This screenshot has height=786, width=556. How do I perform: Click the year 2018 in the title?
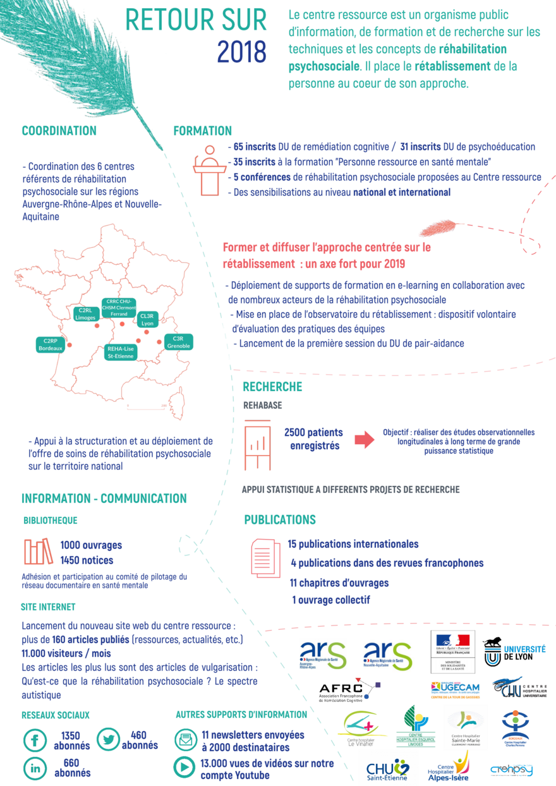coord(242,52)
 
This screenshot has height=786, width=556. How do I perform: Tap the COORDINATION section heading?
coord(59,131)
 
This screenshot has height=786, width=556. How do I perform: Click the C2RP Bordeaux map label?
coord(51,344)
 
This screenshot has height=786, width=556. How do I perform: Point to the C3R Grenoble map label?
coord(178,342)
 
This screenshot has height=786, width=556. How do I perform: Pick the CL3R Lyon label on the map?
coord(147,319)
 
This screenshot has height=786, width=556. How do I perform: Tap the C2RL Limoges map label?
coord(85,314)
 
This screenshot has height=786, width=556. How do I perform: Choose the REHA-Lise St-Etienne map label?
coord(120,353)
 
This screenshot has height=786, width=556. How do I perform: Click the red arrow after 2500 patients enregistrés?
coord(364,440)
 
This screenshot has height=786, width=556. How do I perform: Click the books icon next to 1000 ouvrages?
coord(39,552)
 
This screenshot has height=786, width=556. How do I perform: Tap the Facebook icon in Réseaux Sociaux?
coord(35,740)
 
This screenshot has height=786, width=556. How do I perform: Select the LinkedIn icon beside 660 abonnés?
coord(35,768)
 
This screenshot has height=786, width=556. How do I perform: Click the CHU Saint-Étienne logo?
coord(389,770)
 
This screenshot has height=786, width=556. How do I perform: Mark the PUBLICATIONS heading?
coord(280,520)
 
